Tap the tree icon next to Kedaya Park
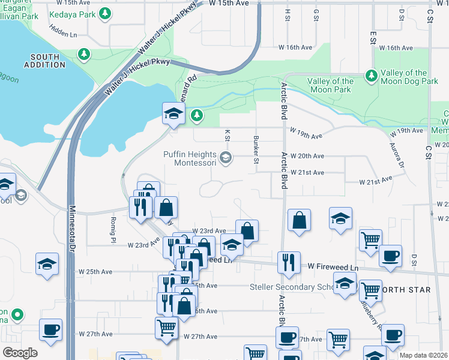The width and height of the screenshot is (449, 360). [105, 13]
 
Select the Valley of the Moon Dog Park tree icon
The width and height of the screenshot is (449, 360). [372, 76]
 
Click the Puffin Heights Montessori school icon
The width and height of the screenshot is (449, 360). [226, 158]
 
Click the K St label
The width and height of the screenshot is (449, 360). [228, 136]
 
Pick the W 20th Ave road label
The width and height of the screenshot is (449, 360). [307, 156]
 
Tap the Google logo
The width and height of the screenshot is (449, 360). [20, 353]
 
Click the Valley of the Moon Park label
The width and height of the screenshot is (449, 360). [330, 85]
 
